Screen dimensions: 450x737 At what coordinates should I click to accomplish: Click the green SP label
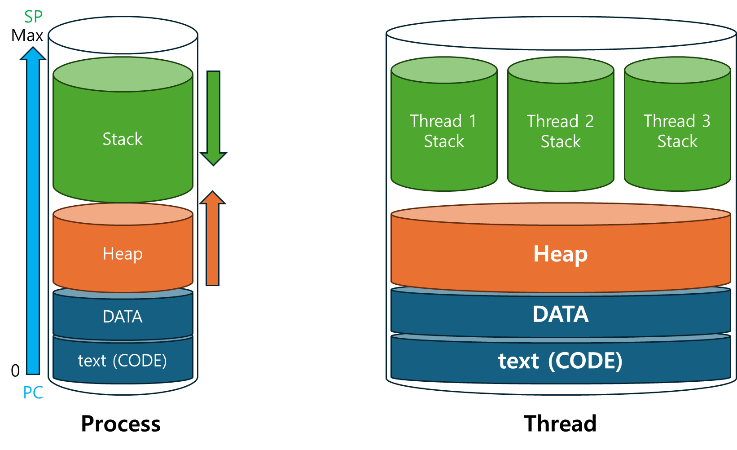(x=33, y=17)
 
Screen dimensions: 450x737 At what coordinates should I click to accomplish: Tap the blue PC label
(x=33, y=393)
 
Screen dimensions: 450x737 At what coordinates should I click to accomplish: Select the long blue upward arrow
(x=33, y=211)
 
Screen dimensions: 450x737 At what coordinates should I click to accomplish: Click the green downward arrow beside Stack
(x=213, y=117)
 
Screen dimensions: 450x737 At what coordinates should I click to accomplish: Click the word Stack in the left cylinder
(x=123, y=139)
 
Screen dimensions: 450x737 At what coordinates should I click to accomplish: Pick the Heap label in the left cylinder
(x=123, y=254)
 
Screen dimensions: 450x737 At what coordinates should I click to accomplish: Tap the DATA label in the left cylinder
(x=123, y=317)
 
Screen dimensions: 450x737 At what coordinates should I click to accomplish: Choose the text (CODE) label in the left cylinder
(x=123, y=361)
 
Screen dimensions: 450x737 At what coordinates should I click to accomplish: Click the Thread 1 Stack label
(x=444, y=131)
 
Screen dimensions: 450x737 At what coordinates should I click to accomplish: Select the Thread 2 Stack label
(x=561, y=131)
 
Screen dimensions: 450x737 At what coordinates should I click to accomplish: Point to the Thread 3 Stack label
(x=677, y=131)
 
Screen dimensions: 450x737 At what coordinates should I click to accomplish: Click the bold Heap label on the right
(x=561, y=254)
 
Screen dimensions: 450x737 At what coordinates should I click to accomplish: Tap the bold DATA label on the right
(x=561, y=314)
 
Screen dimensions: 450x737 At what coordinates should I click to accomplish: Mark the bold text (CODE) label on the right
(x=561, y=361)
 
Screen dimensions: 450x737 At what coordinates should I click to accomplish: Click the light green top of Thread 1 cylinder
(x=444, y=70)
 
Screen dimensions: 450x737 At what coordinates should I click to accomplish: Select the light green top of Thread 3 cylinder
(x=677, y=70)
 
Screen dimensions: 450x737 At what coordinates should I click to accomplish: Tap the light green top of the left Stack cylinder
(x=123, y=75)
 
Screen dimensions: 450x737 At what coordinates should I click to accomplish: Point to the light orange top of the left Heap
(x=123, y=214)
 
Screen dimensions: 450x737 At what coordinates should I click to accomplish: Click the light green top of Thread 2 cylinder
(x=561, y=70)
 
